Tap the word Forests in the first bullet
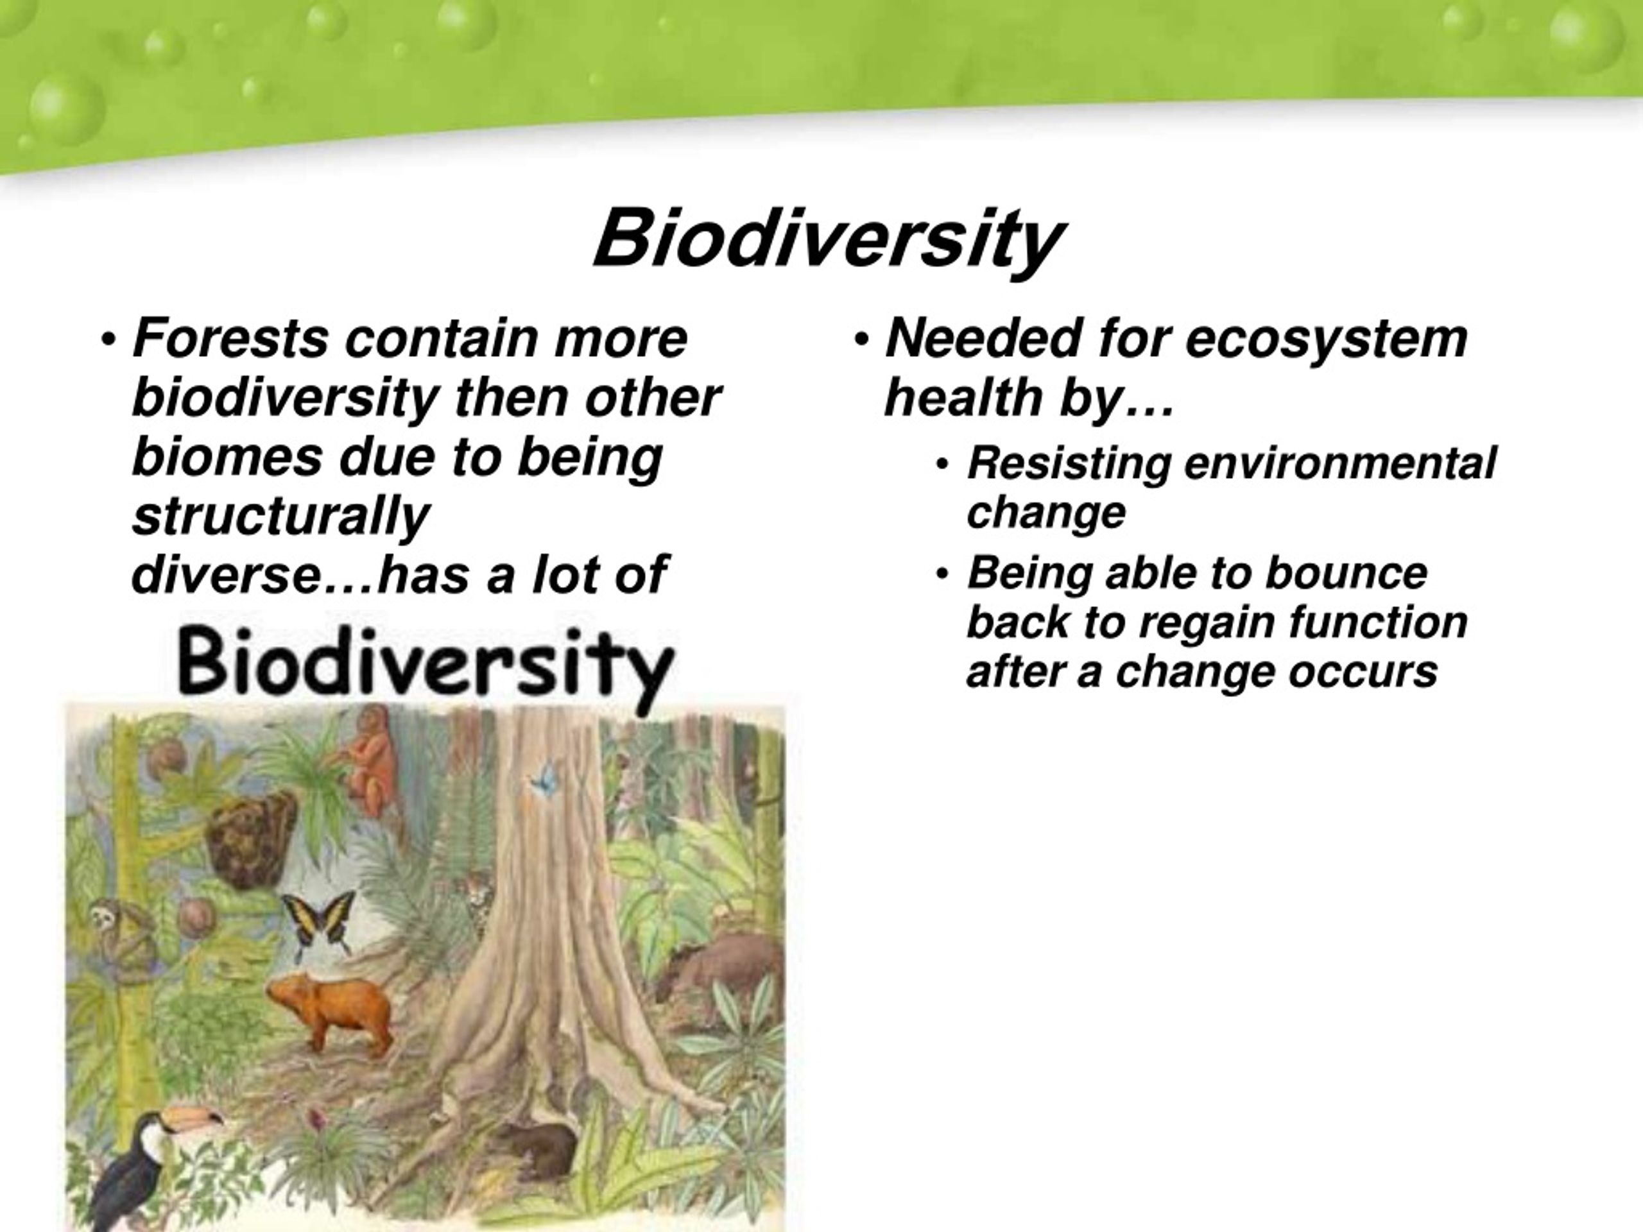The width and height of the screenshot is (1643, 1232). [x=230, y=339]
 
